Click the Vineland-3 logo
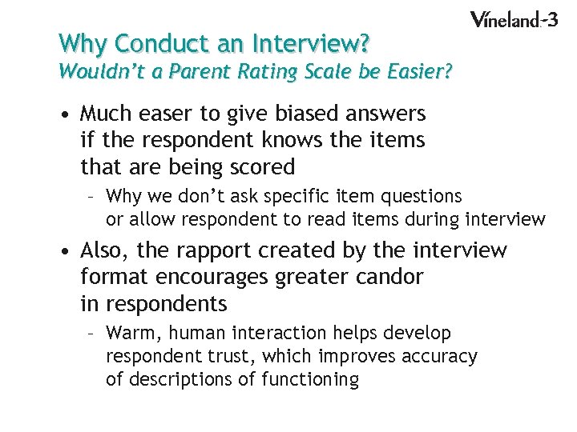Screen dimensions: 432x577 513,20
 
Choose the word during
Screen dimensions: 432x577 430,218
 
